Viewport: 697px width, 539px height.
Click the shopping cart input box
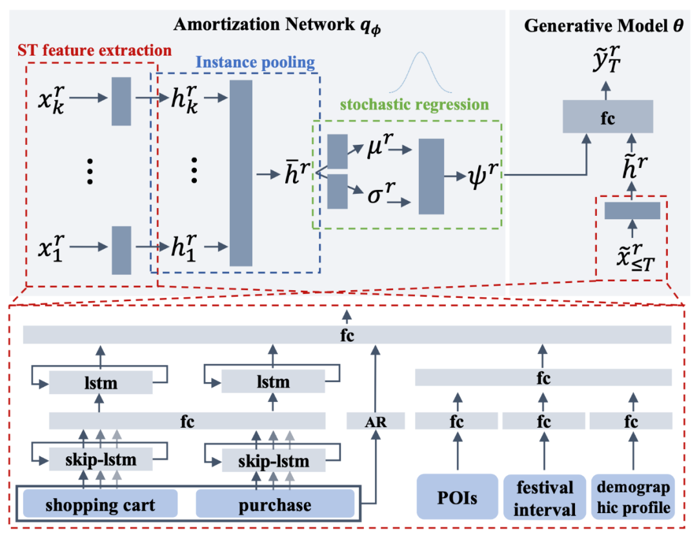pos(100,504)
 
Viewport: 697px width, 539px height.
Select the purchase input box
pos(275,504)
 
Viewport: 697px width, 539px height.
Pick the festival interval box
pos(543,497)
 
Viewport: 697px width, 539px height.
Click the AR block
pos(376,421)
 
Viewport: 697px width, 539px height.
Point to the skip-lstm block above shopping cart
pos(99,461)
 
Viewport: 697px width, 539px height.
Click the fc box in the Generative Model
pos(607,119)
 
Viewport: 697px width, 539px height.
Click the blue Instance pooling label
pos(254,63)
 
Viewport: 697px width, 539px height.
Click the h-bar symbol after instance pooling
pos(295,174)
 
